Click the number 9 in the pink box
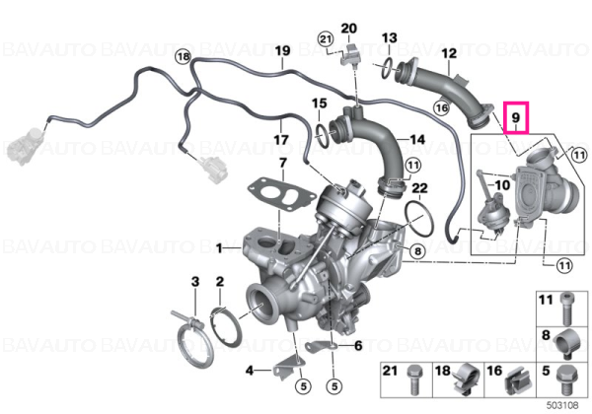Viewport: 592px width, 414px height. point(515,117)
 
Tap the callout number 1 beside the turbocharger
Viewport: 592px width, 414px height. point(219,248)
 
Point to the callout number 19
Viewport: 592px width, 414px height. point(282,50)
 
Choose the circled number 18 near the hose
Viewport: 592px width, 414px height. point(184,57)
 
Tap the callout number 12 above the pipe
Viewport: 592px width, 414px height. point(449,53)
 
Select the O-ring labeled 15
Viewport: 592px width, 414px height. point(321,136)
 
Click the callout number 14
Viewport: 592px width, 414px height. point(417,140)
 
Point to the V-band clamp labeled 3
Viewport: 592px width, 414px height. point(194,341)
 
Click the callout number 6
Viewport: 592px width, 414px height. point(358,345)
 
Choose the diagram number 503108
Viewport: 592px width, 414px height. point(562,405)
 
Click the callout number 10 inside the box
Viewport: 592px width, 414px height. point(502,185)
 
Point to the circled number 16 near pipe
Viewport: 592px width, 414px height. point(441,108)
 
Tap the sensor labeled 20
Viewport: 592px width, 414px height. point(350,54)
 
